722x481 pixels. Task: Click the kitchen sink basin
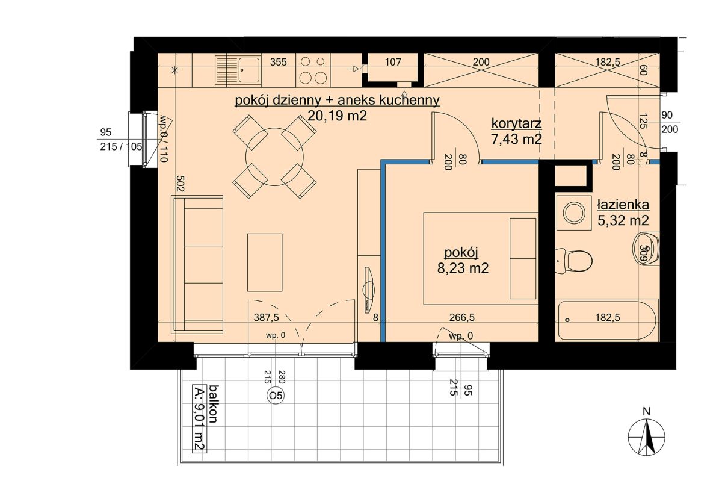point(249,70)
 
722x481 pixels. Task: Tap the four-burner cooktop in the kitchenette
point(312,70)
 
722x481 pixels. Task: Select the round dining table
point(274,157)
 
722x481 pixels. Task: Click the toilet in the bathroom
point(574,261)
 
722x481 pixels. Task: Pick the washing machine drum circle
point(574,213)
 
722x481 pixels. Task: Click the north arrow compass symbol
point(646,436)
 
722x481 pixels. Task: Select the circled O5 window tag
point(276,396)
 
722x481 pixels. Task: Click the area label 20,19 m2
point(337,115)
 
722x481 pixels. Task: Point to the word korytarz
point(516,123)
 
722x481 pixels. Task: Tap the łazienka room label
point(623,205)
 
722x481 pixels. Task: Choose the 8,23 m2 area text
point(463,268)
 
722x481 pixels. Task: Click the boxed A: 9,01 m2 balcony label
point(200,419)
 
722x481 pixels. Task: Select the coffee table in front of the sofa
point(265,262)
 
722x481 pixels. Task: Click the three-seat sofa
point(197,264)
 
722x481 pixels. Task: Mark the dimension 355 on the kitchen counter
point(278,62)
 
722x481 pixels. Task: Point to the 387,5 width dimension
point(266,318)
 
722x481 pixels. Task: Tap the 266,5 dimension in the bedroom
point(462,318)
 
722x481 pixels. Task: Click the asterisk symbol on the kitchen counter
point(174,70)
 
